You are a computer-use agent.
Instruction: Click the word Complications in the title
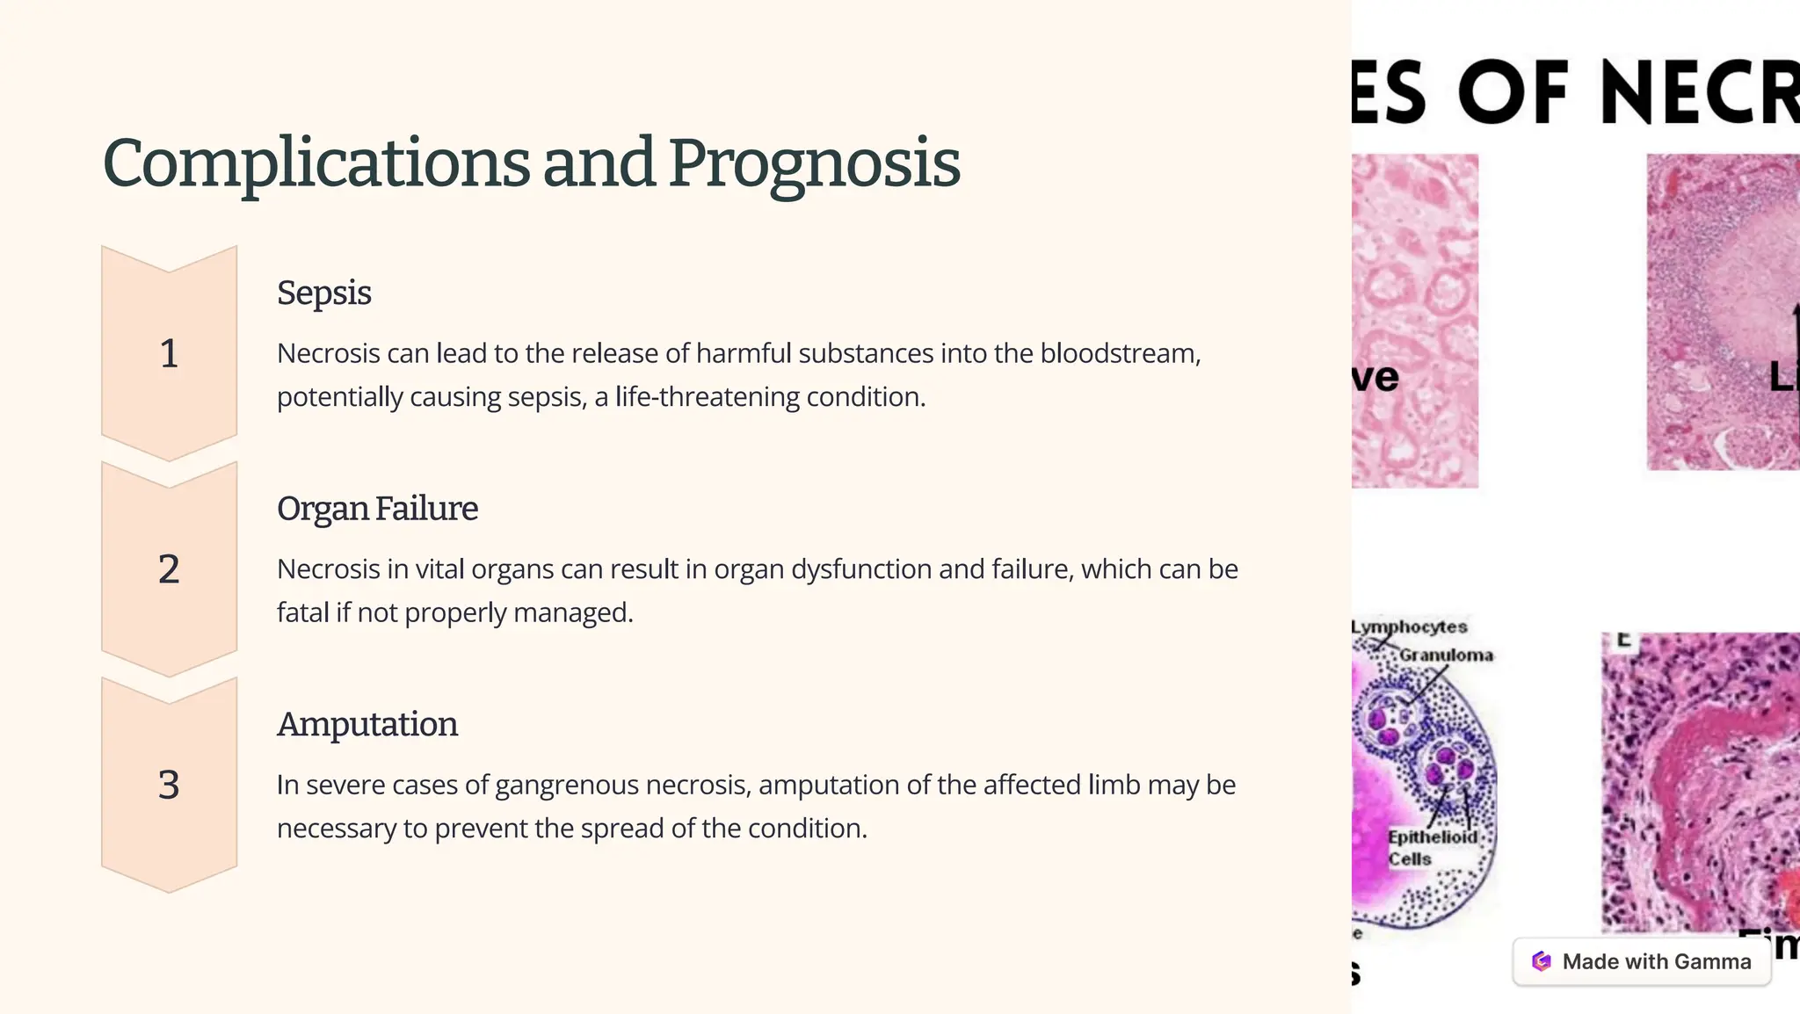pyautogui.click(x=316, y=163)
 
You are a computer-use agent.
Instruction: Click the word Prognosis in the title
pyautogui.click(x=814, y=163)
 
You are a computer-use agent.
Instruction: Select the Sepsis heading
pyautogui.click(x=323, y=293)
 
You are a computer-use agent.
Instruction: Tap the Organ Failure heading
pyautogui.click(x=377, y=509)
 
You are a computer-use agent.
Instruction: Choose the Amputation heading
pyautogui.click(x=367, y=724)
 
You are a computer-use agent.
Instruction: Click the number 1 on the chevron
pyautogui.click(x=169, y=353)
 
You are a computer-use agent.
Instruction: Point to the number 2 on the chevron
pyautogui.click(x=169, y=569)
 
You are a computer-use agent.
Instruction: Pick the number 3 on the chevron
pyautogui.click(x=169, y=785)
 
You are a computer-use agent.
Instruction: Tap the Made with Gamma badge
pyautogui.click(x=1641, y=961)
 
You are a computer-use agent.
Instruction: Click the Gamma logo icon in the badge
pyautogui.click(x=1541, y=961)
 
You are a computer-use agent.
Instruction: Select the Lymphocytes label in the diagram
pyautogui.click(x=1410, y=627)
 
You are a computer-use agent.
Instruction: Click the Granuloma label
pyautogui.click(x=1446, y=655)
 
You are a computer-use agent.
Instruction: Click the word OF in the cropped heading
pyautogui.click(x=1513, y=93)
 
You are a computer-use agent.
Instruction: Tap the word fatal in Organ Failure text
pyautogui.click(x=302, y=612)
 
